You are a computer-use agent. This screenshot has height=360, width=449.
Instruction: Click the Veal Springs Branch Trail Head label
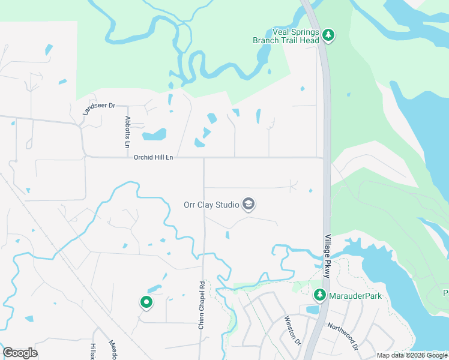(286, 37)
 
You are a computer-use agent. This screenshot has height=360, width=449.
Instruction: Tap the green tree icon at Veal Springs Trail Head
(328, 35)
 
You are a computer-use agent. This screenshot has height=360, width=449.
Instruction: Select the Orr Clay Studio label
(211, 205)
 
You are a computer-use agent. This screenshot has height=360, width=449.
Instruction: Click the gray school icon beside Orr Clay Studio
(249, 205)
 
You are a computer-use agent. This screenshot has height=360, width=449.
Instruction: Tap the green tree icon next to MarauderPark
(320, 295)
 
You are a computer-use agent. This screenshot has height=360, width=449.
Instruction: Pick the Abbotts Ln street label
(127, 132)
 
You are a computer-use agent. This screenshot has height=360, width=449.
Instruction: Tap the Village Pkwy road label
(327, 256)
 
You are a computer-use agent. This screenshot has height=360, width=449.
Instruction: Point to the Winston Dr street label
(291, 330)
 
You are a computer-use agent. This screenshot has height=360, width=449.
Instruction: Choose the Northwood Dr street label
(343, 337)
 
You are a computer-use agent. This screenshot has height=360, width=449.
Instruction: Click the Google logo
(20, 353)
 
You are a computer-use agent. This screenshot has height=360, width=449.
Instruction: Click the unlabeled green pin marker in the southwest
(146, 302)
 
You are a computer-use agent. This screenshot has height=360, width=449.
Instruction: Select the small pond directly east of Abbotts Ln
(154, 134)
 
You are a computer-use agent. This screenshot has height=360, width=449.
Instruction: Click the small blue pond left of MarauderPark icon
(312, 310)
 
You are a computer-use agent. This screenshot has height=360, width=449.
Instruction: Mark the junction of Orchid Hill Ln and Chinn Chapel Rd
(204, 158)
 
